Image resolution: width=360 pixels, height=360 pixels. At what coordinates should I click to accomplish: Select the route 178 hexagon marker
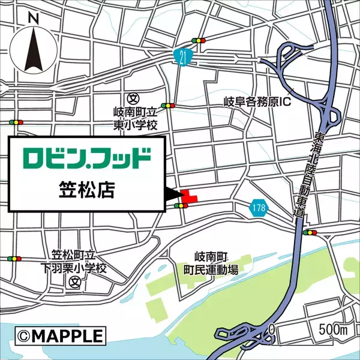coord(258,208)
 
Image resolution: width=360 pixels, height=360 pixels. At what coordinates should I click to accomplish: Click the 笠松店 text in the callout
coord(88,190)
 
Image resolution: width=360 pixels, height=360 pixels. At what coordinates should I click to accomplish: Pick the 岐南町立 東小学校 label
coord(135,119)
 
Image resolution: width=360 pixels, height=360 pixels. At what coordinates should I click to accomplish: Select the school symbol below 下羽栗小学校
coord(74,281)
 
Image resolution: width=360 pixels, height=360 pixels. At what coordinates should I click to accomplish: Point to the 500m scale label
coord(334,330)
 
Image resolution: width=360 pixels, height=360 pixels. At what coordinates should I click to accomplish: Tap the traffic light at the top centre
coord(198,40)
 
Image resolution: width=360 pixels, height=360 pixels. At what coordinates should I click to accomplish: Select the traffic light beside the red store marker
coord(180,206)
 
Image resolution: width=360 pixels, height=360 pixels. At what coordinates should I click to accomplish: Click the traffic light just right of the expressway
coord(310,232)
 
